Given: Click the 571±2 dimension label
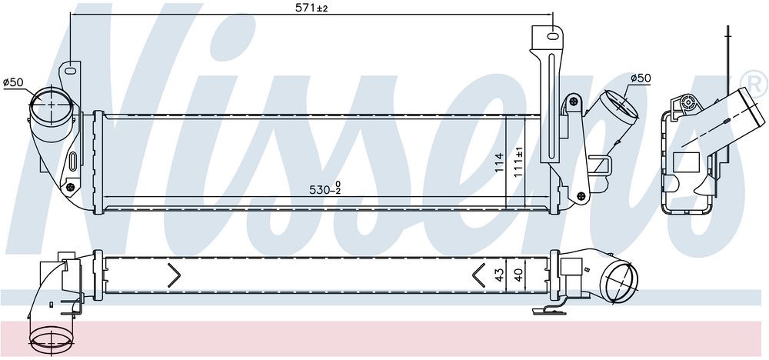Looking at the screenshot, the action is (311, 8).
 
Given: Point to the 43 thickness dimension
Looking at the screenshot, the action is (499, 275).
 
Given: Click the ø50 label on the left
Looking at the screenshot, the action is (13, 82).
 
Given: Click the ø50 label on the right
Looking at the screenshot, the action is (641, 78).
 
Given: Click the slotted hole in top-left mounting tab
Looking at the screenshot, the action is (71, 72).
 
